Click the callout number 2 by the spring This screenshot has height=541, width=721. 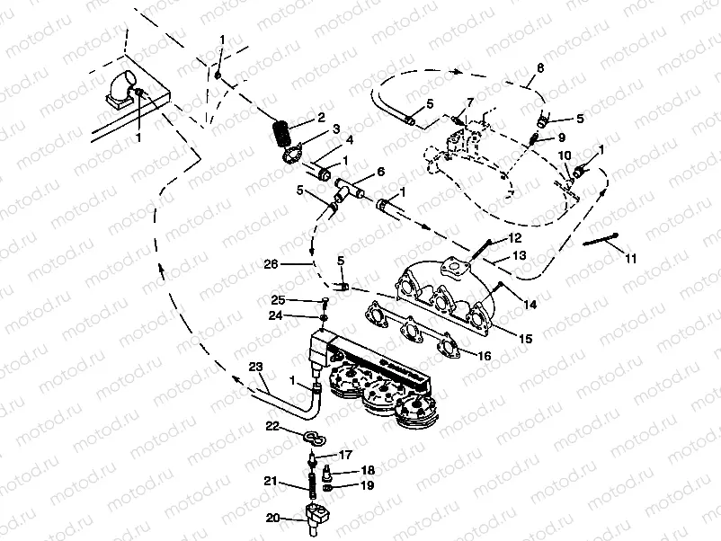[x=320, y=119]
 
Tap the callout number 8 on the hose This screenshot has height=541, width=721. [x=539, y=68]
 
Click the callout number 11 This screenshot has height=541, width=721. [x=629, y=259]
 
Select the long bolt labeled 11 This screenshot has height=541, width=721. [x=601, y=240]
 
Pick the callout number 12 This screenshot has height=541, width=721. [x=514, y=237]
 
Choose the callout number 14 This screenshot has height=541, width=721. [x=530, y=306]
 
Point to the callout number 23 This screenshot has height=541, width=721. [x=255, y=366]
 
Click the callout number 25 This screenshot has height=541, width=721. [x=278, y=299]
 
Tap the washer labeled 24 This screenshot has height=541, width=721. [x=322, y=316]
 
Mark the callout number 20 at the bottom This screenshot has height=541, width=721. [x=273, y=518]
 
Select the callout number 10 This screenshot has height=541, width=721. [x=564, y=155]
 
